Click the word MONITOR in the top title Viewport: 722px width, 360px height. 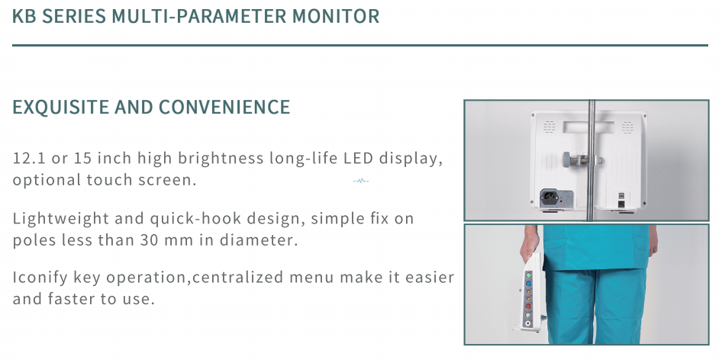tap(336, 16)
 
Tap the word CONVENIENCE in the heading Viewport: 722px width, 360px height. tap(224, 107)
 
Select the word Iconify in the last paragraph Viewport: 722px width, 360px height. tap(40, 278)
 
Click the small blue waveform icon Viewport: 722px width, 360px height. tap(360, 181)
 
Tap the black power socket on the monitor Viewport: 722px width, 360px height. tap(550, 198)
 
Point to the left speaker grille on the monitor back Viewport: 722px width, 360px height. tap(550, 127)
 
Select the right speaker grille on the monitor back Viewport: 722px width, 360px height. tap(627, 127)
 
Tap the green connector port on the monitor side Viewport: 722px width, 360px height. tap(529, 275)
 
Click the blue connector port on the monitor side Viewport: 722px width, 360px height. tap(529, 284)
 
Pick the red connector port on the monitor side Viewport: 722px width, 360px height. tap(529, 306)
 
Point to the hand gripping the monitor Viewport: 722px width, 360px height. tap(530, 243)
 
